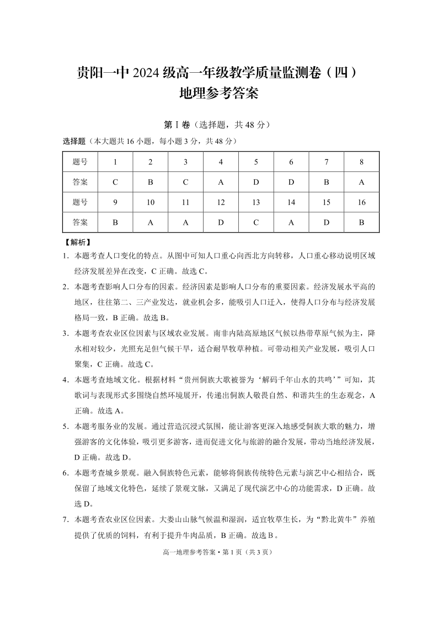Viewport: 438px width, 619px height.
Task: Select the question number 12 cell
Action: tap(221, 202)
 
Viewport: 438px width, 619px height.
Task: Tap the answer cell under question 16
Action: tap(362, 223)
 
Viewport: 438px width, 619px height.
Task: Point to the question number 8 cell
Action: tap(362, 162)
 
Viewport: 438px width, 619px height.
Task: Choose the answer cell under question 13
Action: tap(256, 223)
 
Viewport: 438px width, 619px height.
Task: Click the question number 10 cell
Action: tap(151, 202)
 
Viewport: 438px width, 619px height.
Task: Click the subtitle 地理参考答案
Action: tap(219, 94)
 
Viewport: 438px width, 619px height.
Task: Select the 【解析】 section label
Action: tap(77, 242)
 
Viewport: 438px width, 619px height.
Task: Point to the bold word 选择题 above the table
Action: tap(74, 141)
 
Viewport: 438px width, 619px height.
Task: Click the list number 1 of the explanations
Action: tap(65, 256)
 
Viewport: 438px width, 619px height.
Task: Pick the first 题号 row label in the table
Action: tap(80, 162)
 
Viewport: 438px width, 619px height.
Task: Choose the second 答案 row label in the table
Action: tap(80, 223)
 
